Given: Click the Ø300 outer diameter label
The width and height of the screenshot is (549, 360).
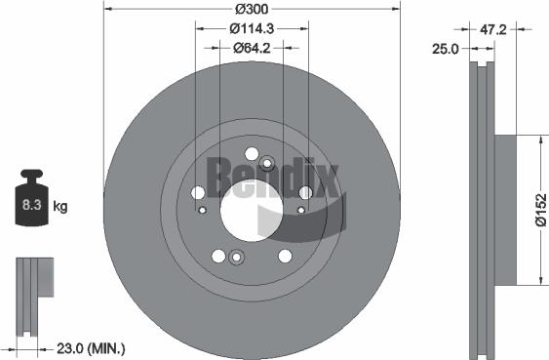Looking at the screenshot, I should pyautogui.click(x=251, y=9).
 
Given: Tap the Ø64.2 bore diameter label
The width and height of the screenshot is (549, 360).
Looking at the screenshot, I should pyautogui.click(x=251, y=47).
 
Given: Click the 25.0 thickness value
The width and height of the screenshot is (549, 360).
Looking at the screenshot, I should pyautogui.click(x=447, y=49).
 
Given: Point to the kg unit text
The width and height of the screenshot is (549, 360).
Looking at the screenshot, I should pyautogui.click(x=60, y=206).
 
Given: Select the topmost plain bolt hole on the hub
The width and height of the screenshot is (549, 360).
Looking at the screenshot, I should pyautogui.click(x=253, y=153).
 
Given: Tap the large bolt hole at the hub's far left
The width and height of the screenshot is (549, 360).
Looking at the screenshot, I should pyautogui.click(x=198, y=192).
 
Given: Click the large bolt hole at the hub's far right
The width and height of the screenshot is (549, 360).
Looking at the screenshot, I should pyautogui.click(x=305, y=192).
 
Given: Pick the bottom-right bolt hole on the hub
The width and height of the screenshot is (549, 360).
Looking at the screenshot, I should pyautogui.click(x=285, y=256).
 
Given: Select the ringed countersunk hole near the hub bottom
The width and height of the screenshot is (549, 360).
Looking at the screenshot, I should pyautogui.click(x=236, y=258).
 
